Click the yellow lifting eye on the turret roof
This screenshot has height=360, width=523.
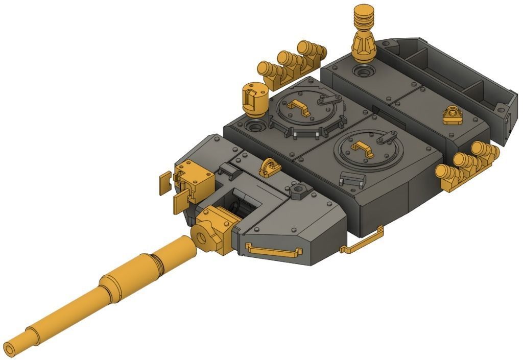269,166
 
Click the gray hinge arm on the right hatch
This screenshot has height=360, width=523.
386,136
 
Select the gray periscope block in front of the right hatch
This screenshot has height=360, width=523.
352,179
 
